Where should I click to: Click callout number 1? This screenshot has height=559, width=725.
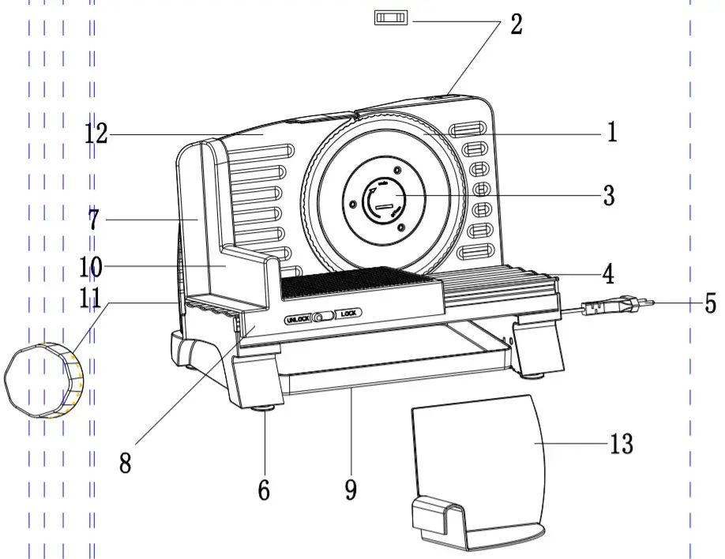click(611, 132)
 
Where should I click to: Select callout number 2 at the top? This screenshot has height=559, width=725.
click(517, 24)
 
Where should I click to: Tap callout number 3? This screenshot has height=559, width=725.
click(608, 195)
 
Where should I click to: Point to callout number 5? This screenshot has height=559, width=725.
click(709, 304)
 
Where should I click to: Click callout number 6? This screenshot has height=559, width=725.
click(264, 490)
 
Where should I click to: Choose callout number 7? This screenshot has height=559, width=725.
click(93, 220)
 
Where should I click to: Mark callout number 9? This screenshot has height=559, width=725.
click(351, 490)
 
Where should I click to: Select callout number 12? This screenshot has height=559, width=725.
click(96, 134)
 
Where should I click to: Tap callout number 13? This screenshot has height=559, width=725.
click(622, 444)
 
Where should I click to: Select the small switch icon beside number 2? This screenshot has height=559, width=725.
click(390, 17)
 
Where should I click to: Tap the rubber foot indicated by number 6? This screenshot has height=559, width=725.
click(265, 407)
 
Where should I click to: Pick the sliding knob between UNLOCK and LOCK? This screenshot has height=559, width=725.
click(320, 317)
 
